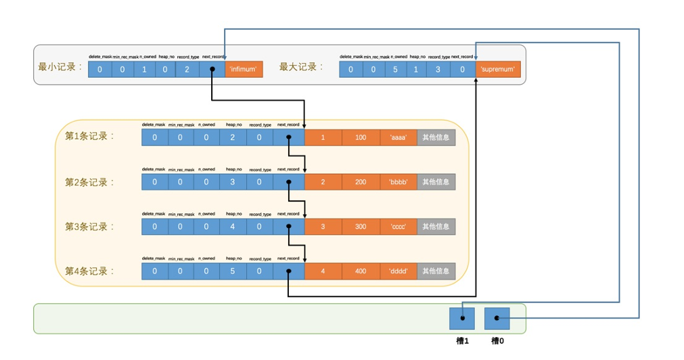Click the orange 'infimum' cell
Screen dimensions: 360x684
click(x=244, y=69)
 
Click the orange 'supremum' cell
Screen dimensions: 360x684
click(x=498, y=69)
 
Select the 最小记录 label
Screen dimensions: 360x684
click(x=60, y=67)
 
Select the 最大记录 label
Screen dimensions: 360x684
click(x=301, y=67)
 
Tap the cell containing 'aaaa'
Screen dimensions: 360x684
click(x=398, y=137)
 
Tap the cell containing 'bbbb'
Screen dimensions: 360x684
click(x=398, y=182)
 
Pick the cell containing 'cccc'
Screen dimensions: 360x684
click(x=398, y=227)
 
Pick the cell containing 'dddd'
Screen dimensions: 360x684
click(x=398, y=271)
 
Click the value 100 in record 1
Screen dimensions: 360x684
click(x=361, y=137)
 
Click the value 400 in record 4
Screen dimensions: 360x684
click(x=361, y=271)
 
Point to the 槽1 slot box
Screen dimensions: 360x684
click(x=462, y=318)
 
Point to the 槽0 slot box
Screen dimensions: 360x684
click(x=497, y=318)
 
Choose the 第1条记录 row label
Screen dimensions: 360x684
click(x=90, y=136)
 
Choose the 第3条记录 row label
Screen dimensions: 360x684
click(x=90, y=227)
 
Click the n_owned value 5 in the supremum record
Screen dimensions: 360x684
click(x=396, y=69)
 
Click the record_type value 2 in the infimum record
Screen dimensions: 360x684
click(x=187, y=69)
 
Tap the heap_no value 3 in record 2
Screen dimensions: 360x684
click(x=233, y=182)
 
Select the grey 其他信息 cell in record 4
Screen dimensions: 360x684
click(x=436, y=271)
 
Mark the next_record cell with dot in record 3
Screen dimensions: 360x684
click(x=289, y=227)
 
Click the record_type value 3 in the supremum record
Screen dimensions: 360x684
click(x=437, y=69)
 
